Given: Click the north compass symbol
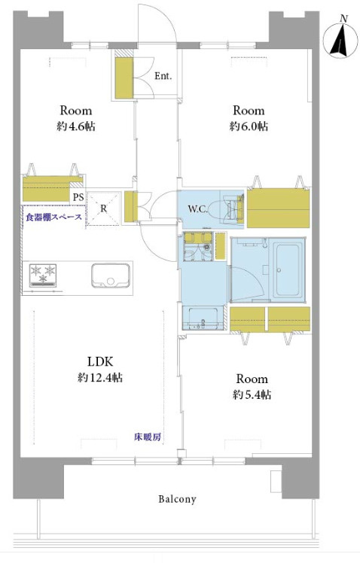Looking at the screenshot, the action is tap(341, 39).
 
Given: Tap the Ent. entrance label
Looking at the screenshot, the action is tap(163, 76).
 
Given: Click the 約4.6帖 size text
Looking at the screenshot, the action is tap(76, 126).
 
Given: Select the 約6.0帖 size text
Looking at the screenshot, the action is tap(249, 126).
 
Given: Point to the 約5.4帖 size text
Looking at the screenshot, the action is tap(252, 395).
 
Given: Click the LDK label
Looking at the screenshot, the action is tap(100, 361).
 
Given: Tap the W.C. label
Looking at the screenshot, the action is tap(197, 209).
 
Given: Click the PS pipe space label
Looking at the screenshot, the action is tap(78, 196).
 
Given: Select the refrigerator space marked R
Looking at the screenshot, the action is tap(103, 208).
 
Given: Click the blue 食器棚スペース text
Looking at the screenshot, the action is tap(53, 217).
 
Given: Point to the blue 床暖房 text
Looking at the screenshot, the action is tap(148, 437).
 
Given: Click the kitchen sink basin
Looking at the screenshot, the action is tap(110, 275).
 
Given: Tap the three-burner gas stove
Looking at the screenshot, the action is tap(43, 275).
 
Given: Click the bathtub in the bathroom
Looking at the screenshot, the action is tap(287, 269).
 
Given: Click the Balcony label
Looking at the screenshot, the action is tap(177, 499).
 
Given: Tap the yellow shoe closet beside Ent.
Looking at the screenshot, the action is tap(124, 78).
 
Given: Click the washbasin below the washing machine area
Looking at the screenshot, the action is tap(203, 318).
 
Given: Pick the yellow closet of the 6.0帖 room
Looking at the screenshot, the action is tap(278, 208).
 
